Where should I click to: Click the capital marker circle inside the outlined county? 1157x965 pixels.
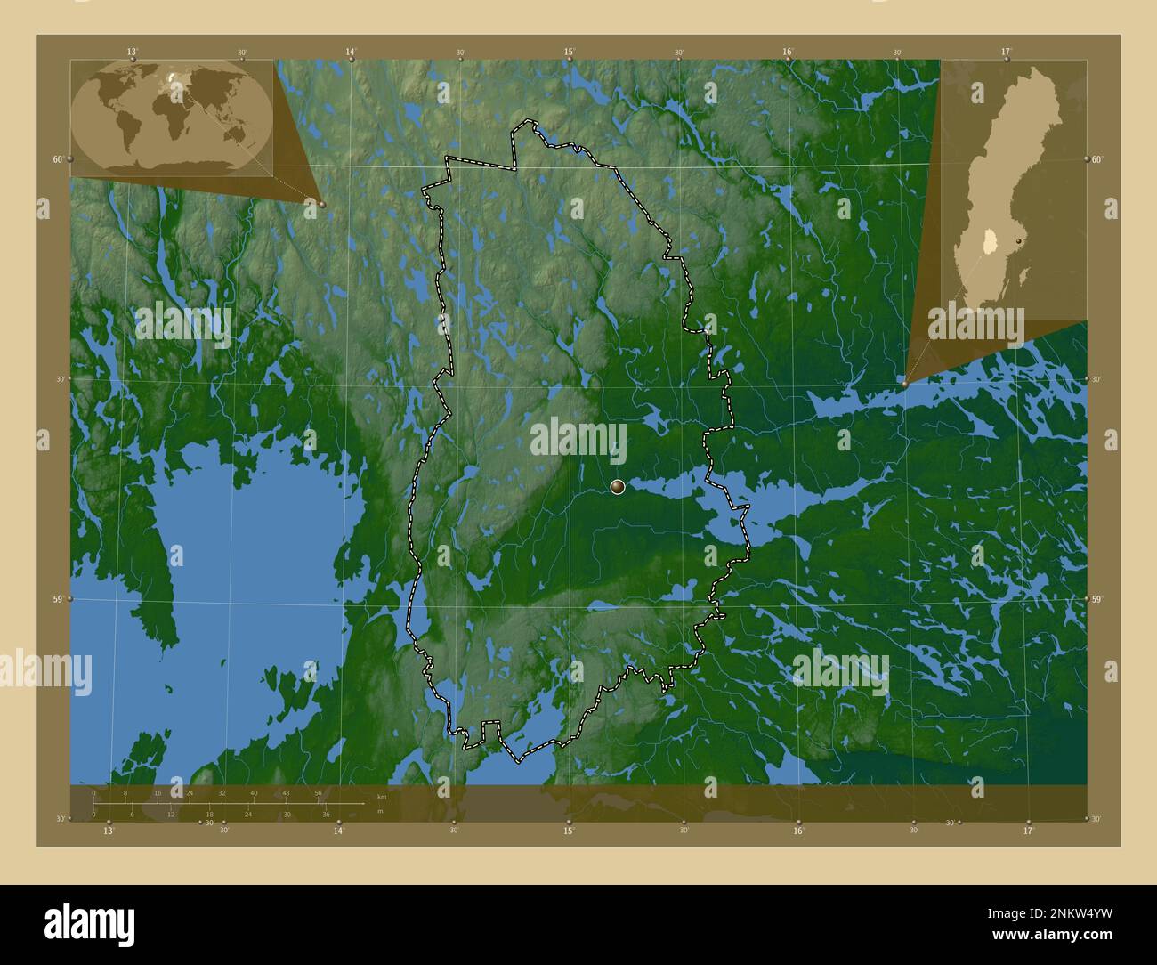pos(618,487)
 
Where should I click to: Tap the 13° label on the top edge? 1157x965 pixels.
pos(132,52)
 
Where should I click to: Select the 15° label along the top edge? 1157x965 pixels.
pos(569,52)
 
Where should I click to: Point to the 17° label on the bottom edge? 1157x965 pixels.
pos(1029,831)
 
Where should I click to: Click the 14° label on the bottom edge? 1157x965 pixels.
pos(338,831)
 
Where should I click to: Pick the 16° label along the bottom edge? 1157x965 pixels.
pos(798,831)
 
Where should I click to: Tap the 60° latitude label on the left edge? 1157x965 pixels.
pos(57,159)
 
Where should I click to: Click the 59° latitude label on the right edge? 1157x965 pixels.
pos(1096,599)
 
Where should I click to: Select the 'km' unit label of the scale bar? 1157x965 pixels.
pos(382,796)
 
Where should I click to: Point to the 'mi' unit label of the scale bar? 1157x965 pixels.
pos(382,812)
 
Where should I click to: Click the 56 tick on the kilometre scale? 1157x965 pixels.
pos(318,792)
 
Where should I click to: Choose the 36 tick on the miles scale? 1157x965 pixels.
pos(327,815)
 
